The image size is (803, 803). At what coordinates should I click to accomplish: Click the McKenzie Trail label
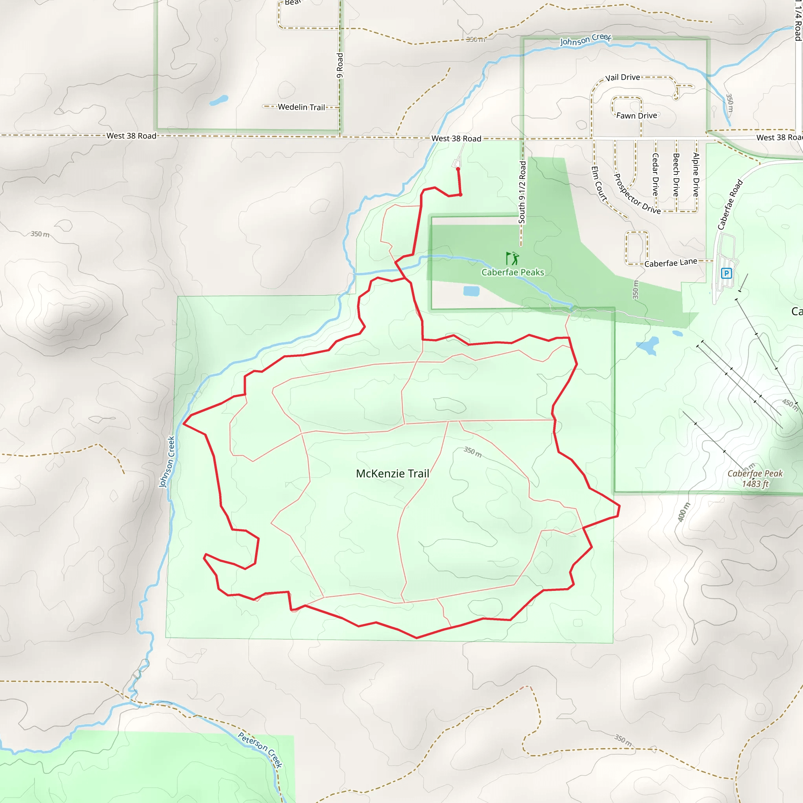392,473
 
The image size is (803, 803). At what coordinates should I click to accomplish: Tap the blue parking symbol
726,273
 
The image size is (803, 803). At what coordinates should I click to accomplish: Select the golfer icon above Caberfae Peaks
512,258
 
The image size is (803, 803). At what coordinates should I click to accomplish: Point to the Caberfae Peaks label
512,272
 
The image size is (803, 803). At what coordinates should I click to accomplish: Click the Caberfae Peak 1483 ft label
755,478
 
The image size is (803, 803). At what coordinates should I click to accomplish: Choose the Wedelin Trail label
302,107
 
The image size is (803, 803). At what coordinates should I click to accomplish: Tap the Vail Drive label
622,77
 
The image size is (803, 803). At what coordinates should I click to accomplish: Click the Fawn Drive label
636,116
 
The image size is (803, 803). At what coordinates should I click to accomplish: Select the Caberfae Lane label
670,263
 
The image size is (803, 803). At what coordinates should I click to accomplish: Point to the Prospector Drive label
637,194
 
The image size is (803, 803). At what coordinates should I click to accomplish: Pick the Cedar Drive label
655,174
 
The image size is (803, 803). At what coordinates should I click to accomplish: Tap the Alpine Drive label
696,174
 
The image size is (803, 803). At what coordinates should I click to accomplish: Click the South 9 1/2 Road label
522,192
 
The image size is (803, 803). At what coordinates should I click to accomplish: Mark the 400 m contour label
684,512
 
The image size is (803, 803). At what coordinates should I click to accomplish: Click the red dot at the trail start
458,169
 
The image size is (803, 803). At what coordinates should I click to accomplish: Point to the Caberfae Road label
730,205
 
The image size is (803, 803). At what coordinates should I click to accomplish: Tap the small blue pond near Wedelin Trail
219,100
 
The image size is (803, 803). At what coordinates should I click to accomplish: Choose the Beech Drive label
676,174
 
